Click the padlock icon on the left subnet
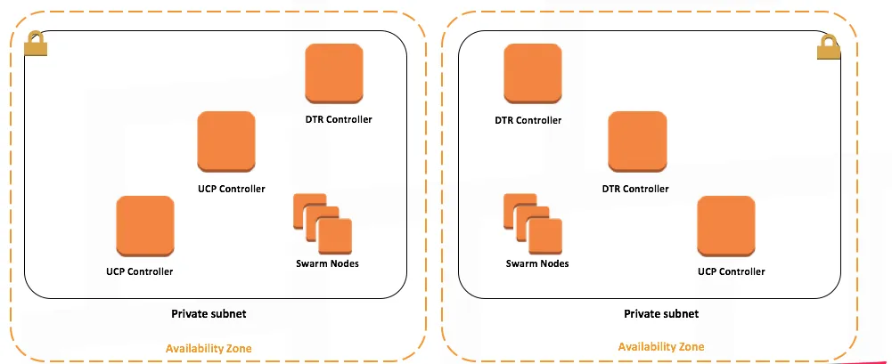[x=36, y=44]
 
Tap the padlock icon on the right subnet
[x=829, y=49]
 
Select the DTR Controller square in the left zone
[x=334, y=75]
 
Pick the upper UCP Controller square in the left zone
[x=226, y=142]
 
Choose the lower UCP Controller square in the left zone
[x=144, y=225]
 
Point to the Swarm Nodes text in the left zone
[x=327, y=263]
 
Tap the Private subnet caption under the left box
[x=209, y=313]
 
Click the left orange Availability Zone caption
[x=209, y=348]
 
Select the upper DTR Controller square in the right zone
[x=533, y=73]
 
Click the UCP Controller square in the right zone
[x=726, y=225]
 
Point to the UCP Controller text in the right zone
[x=732, y=271]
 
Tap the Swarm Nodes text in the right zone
[x=537, y=263]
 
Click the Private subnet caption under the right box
[x=661, y=313]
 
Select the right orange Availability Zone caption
[x=661, y=346]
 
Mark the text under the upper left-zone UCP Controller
[x=232, y=189]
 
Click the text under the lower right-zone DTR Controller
[x=635, y=189]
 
